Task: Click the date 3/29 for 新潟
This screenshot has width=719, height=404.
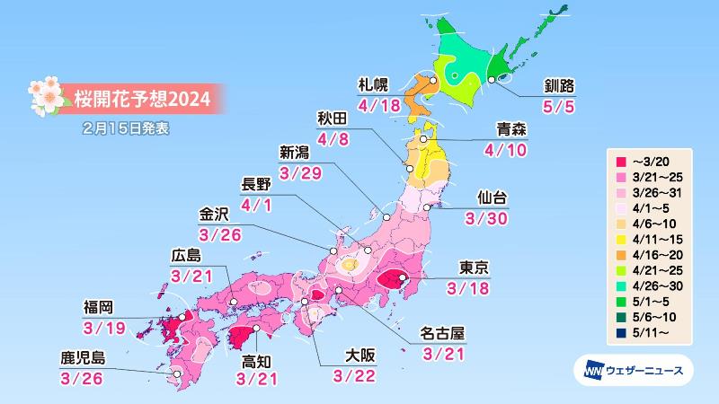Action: click(299, 171)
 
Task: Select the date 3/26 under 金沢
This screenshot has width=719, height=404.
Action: click(222, 234)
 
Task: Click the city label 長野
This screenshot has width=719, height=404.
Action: click(260, 185)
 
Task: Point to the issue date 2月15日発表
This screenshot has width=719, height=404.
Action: click(123, 128)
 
